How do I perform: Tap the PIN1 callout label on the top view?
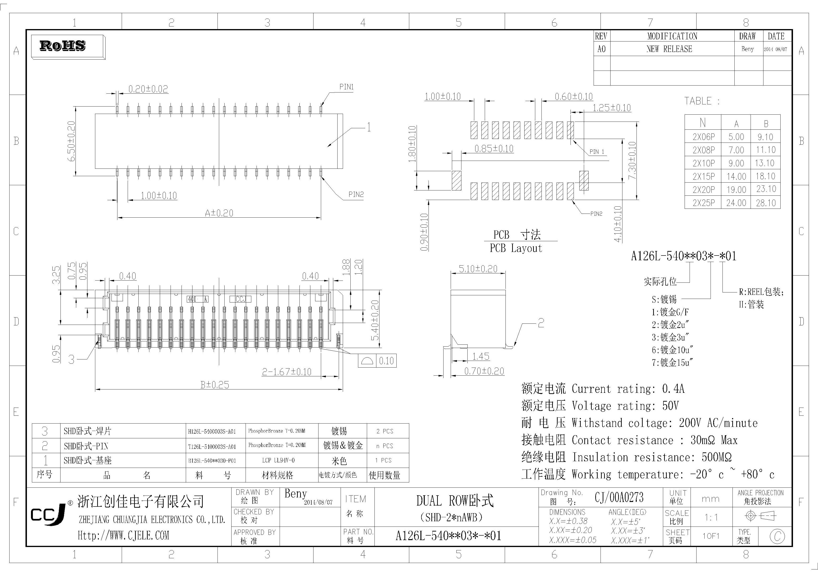346,87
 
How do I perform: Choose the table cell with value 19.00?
736,190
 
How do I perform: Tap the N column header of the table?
702,123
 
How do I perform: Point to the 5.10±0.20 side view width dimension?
478,269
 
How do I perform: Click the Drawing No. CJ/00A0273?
619,497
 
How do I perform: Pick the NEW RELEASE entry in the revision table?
669,49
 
